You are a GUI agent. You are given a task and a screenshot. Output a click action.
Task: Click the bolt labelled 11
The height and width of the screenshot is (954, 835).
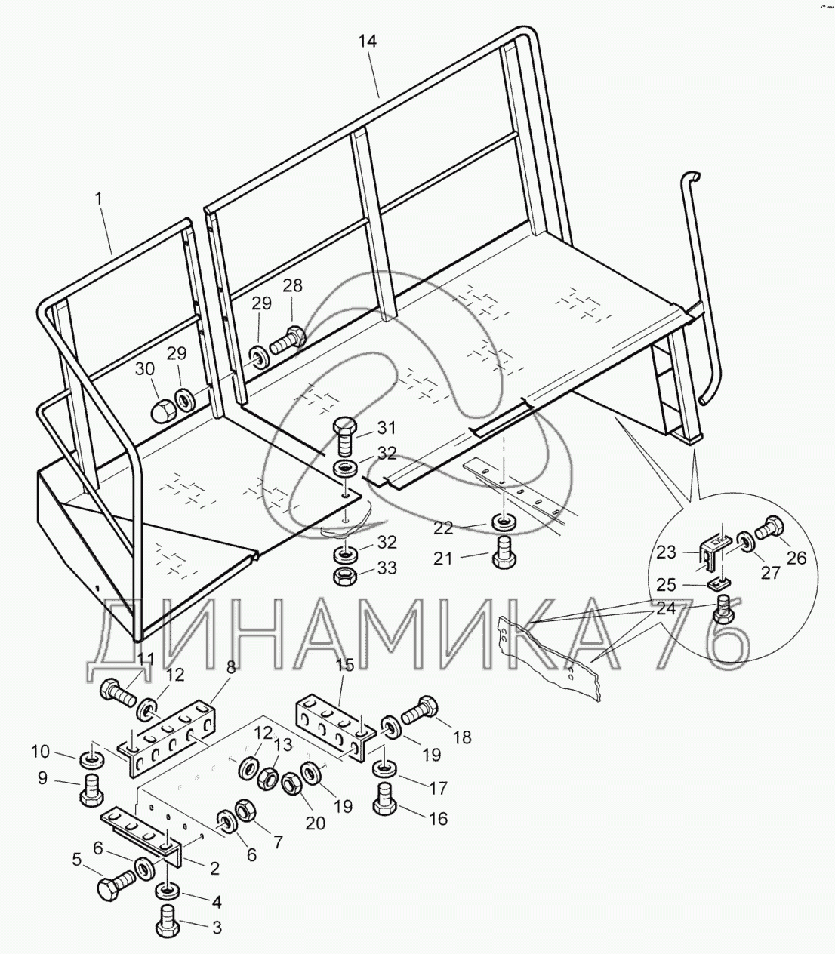[x=116, y=689]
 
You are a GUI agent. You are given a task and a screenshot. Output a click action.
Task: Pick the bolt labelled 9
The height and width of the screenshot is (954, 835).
[x=90, y=790]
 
